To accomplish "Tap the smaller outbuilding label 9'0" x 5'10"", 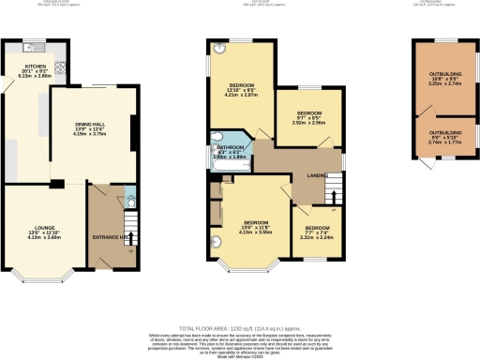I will click(x=439, y=147).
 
